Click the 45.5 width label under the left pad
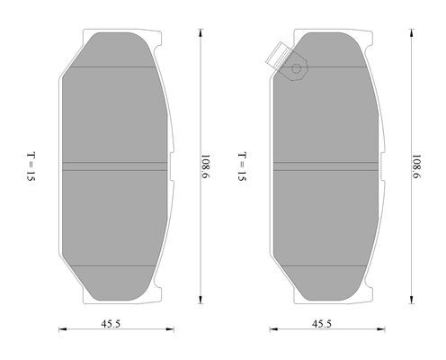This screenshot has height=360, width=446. tap(111, 324)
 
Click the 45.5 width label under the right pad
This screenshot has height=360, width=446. tap(322, 324)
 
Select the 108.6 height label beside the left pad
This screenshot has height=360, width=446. tap(205, 166)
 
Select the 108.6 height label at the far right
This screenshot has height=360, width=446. tap(416, 166)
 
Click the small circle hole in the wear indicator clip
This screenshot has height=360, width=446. tap(296, 68)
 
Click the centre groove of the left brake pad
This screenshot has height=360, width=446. tap(115, 166)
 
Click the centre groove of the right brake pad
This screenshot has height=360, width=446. tap(326, 166)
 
